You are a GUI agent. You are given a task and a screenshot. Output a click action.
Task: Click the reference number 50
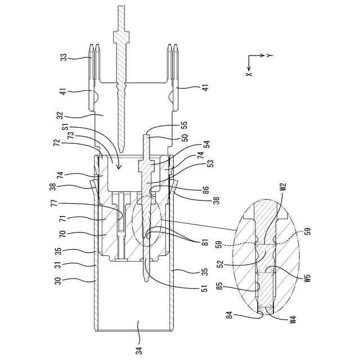click(x=184, y=137)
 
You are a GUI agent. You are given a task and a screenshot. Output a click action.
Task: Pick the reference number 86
click(x=206, y=190)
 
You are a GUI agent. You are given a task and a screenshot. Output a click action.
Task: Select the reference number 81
click(x=205, y=242)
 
